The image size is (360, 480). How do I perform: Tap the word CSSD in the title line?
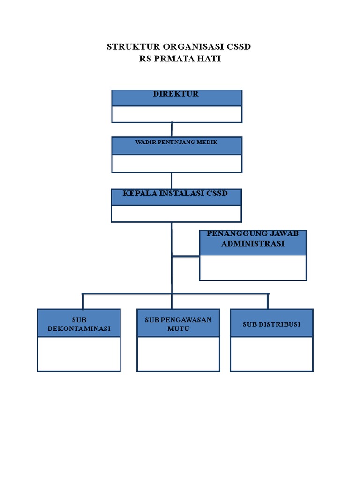click(x=239, y=47)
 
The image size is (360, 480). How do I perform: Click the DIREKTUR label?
click(x=176, y=94)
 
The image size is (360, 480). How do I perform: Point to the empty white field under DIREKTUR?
click(x=177, y=114)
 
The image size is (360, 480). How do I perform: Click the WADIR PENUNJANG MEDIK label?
click(x=176, y=142)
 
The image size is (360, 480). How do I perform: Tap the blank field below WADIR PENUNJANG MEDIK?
click(x=177, y=163)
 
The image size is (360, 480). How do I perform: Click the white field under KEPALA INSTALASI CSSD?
click(x=176, y=213)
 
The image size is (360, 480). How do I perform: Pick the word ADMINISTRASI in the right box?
click(x=253, y=244)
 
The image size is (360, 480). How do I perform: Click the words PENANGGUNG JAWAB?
click(x=253, y=234)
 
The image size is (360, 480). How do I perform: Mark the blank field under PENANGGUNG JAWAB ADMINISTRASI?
click(x=253, y=268)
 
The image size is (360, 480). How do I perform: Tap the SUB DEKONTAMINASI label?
click(x=79, y=324)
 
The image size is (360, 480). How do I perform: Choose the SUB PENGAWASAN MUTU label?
click(x=178, y=324)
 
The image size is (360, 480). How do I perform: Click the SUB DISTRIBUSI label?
click(x=271, y=324)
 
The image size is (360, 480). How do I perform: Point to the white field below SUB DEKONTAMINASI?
click(x=79, y=354)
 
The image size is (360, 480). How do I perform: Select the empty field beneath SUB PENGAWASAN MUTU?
click(x=178, y=354)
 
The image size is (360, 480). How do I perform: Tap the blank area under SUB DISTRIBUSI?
click(x=271, y=354)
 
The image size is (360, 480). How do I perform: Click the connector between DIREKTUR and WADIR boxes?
click(x=172, y=130)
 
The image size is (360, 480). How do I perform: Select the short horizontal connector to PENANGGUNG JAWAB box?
click(x=186, y=256)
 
